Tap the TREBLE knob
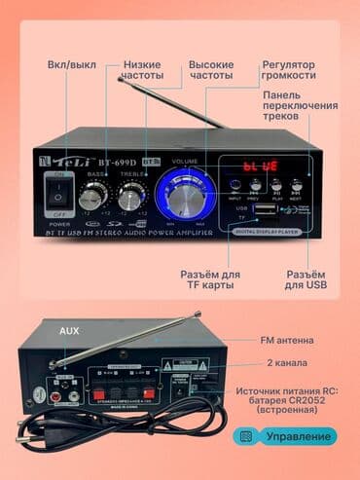click(x=130, y=192)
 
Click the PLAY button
click(x=275, y=183)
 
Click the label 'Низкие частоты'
click(x=143, y=70)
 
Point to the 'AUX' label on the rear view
click(x=69, y=332)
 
